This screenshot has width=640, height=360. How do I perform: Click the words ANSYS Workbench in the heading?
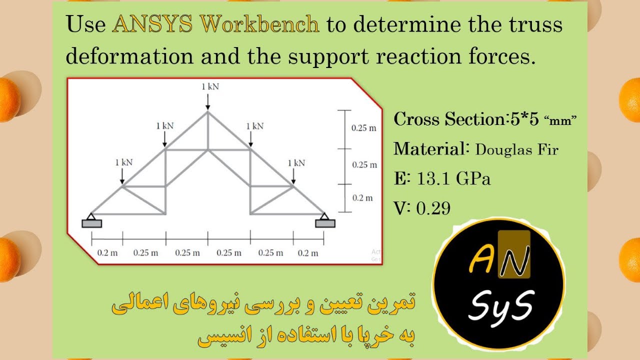[216, 25]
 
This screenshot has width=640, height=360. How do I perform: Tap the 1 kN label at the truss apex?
[210, 86]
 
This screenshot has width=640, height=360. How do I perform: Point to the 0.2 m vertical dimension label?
[362, 198]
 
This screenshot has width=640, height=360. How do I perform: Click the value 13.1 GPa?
[453, 178]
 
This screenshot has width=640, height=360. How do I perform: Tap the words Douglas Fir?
[516, 149]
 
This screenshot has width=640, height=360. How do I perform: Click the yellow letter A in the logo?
[481, 260]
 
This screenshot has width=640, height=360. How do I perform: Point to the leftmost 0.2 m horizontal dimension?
[107, 253]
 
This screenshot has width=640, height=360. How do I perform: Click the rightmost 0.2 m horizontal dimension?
[308, 253]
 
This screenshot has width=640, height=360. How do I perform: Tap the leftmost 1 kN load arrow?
[122, 175]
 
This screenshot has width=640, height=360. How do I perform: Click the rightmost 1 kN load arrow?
[293, 175]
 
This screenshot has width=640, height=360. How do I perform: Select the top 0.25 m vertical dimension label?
[363, 128]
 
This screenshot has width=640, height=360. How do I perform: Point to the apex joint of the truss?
[208, 112]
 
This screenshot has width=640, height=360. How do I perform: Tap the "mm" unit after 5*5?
[560, 121]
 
